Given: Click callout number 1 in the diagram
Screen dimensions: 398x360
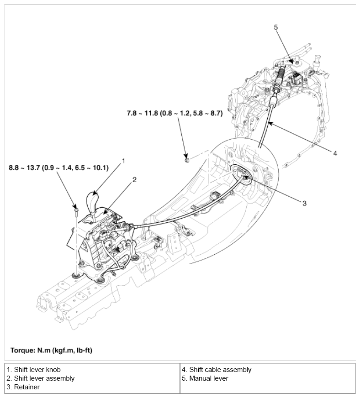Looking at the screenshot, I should (x=123, y=161).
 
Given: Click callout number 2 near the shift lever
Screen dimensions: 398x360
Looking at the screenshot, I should (x=134, y=180).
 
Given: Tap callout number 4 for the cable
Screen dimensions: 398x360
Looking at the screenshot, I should (x=335, y=153).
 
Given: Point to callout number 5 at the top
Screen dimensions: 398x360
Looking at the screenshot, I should (x=276, y=27).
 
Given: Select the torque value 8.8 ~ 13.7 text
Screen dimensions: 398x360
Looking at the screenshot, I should (x=58, y=168).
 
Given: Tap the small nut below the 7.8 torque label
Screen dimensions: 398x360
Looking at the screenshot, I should (x=187, y=159).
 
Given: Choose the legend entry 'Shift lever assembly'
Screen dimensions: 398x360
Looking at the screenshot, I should (x=41, y=378).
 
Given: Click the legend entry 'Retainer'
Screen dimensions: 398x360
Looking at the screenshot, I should (x=23, y=387).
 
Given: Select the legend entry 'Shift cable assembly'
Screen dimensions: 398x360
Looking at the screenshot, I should (x=217, y=370).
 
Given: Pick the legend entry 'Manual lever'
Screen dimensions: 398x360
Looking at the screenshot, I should (x=205, y=378).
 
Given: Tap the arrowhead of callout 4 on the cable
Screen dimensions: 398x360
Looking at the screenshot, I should (x=270, y=122).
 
